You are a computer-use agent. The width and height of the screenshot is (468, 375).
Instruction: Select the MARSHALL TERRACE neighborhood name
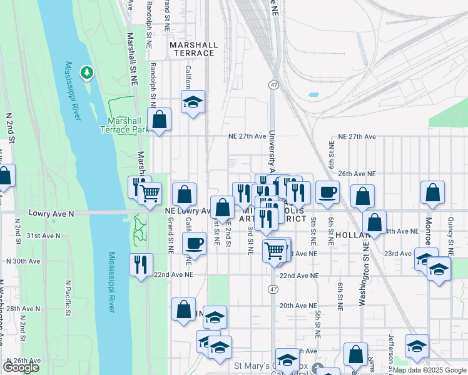[x=194, y=49]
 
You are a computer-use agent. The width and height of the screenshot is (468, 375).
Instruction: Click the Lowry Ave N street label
[x=51, y=213]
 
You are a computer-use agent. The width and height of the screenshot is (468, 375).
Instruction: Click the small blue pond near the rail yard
[x=313, y=95]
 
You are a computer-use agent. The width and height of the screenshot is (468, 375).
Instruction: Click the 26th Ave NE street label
[x=357, y=173]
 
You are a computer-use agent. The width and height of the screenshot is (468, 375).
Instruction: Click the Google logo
[x=21, y=367]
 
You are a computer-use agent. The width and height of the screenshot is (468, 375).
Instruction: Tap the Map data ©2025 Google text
[x=429, y=370]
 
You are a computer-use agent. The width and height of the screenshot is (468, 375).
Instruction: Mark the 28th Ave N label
[x=23, y=309]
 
